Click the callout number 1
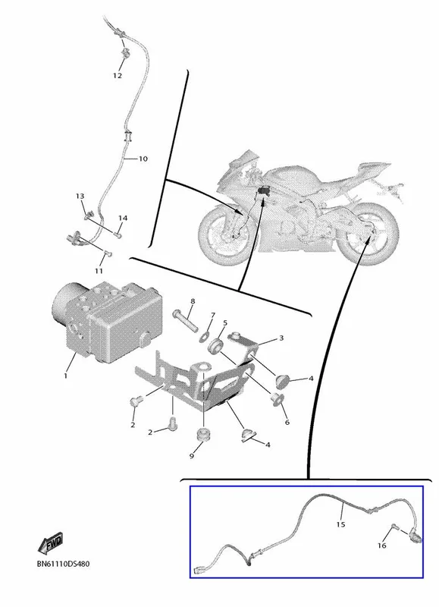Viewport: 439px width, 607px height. pyautogui.click(x=65, y=376)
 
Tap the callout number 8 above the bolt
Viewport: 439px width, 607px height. pyautogui.click(x=193, y=301)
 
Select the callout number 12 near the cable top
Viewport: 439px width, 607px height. pyautogui.click(x=118, y=75)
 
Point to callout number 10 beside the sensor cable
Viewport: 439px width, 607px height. pyautogui.click(x=143, y=159)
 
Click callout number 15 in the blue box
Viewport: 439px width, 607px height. pyautogui.click(x=340, y=524)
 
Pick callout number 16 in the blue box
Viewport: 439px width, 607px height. pyautogui.click(x=382, y=546)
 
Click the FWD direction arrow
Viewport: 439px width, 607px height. pyautogui.click(x=50, y=543)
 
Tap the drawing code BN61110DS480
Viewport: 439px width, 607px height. pyautogui.click(x=63, y=564)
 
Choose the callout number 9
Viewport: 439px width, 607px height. pyautogui.click(x=192, y=457)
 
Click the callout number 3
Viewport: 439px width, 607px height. pyautogui.click(x=281, y=338)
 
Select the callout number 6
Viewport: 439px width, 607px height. pyautogui.click(x=287, y=423)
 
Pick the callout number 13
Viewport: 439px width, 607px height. pyautogui.click(x=80, y=197)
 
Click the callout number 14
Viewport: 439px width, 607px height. pyautogui.click(x=123, y=219)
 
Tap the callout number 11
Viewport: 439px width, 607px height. pyautogui.click(x=99, y=271)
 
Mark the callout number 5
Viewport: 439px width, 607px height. pyautogui.click(x=224, y=323)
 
